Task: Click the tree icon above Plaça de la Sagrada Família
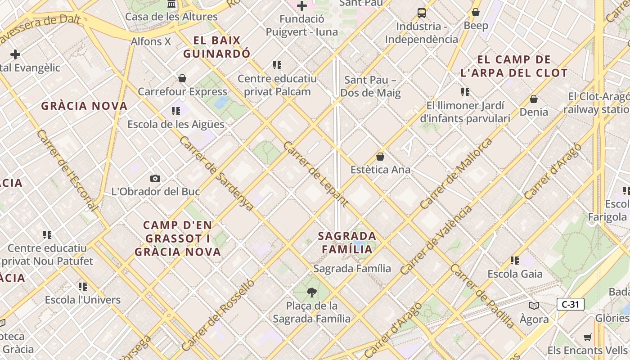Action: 311,293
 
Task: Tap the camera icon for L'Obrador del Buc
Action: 155,179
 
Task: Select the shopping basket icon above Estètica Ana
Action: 380,157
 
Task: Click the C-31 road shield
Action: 570,304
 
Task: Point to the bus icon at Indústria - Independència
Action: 422,13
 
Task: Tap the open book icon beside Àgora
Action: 534,306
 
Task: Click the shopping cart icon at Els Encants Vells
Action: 588,337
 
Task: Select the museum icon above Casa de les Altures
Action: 171,4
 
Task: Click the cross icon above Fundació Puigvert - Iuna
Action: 302,6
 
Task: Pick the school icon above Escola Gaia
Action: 515,261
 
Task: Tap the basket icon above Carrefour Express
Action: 182,79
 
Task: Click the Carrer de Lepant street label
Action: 315,174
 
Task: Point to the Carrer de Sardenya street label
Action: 216,173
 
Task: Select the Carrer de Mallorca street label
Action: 456,174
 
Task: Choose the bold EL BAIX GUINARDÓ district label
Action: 216,47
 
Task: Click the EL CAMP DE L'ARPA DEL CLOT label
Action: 514,66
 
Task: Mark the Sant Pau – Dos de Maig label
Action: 370,86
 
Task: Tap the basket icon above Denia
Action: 534,99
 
